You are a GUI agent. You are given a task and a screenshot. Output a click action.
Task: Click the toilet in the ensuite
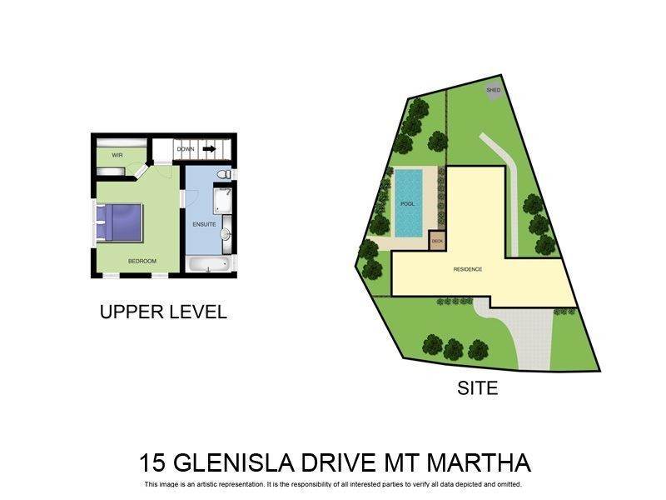(x=222, y=174)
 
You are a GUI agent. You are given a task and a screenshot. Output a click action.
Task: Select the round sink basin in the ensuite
(x=226, y=234)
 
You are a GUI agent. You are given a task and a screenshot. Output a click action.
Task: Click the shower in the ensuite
(x=222, y=201)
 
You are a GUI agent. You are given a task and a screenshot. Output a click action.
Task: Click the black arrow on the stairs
(x=210, y=149)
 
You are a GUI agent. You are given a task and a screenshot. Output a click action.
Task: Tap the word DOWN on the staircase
(x=186, y=149)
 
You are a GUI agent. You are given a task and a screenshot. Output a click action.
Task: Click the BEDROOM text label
(x=142, y=261)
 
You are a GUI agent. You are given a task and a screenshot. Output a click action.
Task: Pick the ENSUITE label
(x=204, y=224)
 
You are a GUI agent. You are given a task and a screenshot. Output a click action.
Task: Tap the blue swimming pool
(x=407, y=202)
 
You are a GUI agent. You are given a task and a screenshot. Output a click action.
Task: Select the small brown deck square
(x=436, y=240)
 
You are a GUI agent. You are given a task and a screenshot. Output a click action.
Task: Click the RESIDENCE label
(x=467, y=269)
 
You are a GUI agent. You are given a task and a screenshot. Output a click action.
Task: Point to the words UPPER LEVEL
(x=163, y=312)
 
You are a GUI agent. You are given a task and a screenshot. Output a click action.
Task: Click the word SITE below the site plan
(x=478, y=387)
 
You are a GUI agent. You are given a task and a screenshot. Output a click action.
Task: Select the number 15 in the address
(x=152, y=463)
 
